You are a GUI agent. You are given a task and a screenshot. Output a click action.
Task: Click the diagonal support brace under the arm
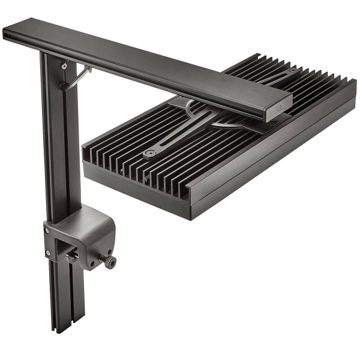tap(76, 78)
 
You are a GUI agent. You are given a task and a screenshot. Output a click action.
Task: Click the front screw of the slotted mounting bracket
tap(148, 154)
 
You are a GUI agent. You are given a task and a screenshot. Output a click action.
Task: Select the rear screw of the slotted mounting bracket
tap(292, 71)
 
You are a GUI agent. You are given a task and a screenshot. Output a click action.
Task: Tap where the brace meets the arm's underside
tap(88, 69)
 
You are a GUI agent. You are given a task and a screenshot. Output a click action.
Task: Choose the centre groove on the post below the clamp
tap(64, 300)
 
